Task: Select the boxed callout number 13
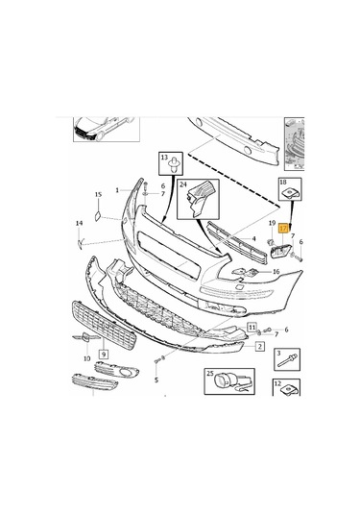click(x=164, y=158)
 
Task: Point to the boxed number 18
click(x=282, y=182)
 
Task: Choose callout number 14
click(x=80, y=224)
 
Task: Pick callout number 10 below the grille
click(x=86, y=358)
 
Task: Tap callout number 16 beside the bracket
click(x=276, y=272)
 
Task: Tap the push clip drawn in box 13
click(x=165, y=175)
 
